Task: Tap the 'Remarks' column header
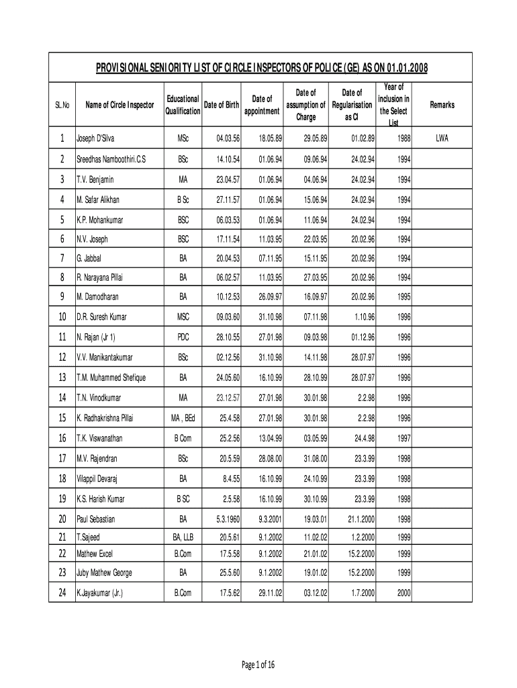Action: coord(443,105)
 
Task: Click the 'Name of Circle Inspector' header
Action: coord(120,105)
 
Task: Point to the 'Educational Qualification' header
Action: coord(183,105)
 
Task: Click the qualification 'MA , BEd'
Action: coord(183,418)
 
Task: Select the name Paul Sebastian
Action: coord(96,519)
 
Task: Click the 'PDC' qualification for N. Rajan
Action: coord(183,337)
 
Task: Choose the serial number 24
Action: coord(62,593)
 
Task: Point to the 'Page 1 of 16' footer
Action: coord(258,664)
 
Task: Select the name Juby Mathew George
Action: coord(104,573)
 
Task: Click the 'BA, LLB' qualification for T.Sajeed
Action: coord(183,537)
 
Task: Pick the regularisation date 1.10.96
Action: coord(361,316)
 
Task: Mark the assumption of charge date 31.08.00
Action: coord(314,458)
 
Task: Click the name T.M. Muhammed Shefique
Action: coord(111,378)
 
